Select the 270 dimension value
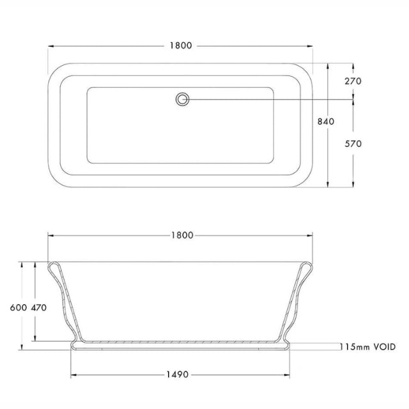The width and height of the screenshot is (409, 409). pyautogui.click(x=353, y=81)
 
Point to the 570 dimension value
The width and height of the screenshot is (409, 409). pyautogui.click(x=353, y=144)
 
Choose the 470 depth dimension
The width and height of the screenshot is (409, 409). pyautogui.click(x=39, y=307)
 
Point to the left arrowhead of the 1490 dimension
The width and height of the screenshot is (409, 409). pyautogui.click(x=72, y=374)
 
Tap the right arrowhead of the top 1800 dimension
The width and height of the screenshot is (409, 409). pyautogui.click(x=314, y=46)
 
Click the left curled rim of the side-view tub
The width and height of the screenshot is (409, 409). pyautogui.click(x=53, y=267)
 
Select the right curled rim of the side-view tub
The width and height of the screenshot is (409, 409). pyautogui.click(x=311, y=267)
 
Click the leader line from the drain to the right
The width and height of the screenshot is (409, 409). pyautogui.click(x=268, y=99)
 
